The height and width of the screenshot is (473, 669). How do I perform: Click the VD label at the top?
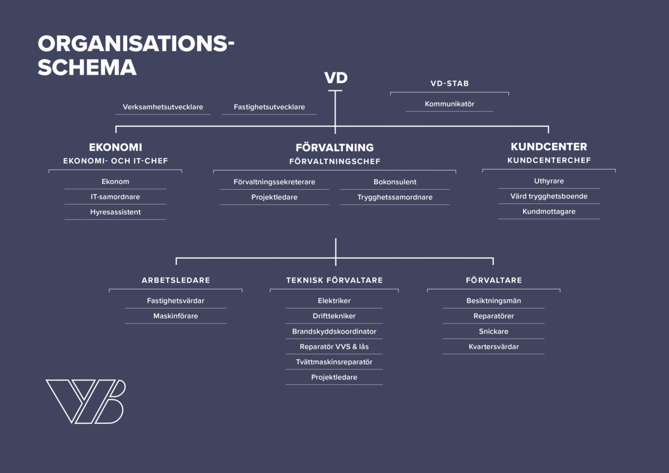click(335, 79)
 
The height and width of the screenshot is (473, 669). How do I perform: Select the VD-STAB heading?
click(449, 84)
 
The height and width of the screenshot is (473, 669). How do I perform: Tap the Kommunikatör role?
click(449, 104)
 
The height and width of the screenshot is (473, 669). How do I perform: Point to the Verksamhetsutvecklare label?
click(163, 107)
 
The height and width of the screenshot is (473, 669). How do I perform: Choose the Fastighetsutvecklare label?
click(269, 107)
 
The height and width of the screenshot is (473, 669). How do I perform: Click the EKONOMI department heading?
click(115, 147)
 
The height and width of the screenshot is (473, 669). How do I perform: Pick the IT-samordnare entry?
click(115, 197)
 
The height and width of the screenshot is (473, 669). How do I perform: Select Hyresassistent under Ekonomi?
click(115, 212)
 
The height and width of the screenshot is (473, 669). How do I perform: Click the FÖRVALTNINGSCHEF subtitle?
click(334, 162)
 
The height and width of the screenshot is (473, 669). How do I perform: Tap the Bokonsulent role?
click(395, 182)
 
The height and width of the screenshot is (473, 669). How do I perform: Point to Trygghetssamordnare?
click(395, 197)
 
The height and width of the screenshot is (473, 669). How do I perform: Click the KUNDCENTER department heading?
click(549, 147)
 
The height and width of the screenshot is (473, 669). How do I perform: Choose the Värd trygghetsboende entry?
click(549, 196)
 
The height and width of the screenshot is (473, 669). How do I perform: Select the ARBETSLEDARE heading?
click(176, 280)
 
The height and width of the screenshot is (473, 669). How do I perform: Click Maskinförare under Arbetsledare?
click(176, 316)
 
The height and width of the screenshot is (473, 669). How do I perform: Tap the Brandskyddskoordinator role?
click(334, 331)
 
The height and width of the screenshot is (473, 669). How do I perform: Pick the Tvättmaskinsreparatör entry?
click(334, 362)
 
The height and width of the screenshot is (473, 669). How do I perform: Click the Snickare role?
click(493, 331)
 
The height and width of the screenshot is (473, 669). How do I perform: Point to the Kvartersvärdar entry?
click(493, 346)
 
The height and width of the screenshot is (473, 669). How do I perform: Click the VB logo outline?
click(85, 401)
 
